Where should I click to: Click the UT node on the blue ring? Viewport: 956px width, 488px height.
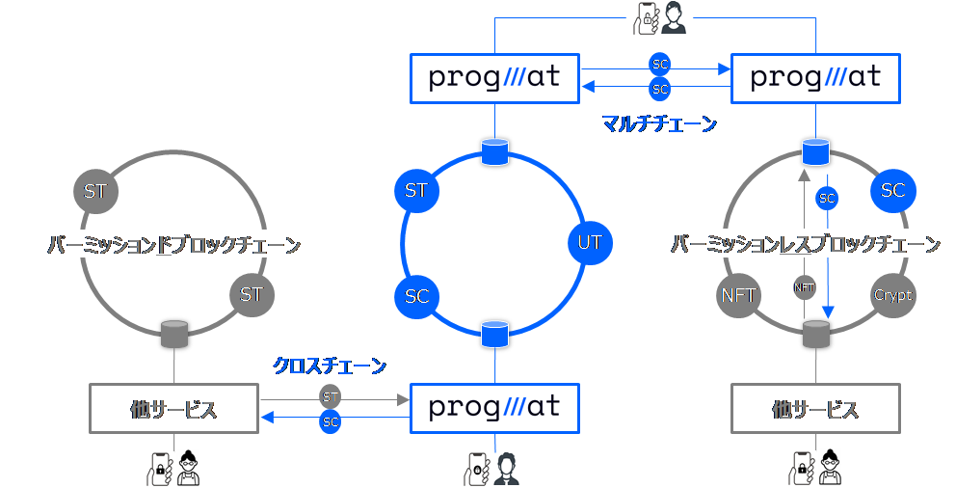point(591,242)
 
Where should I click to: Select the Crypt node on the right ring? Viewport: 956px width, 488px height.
point(892,295)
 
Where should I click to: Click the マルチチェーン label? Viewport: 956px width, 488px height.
point(659,124)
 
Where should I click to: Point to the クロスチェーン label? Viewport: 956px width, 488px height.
point(331,366)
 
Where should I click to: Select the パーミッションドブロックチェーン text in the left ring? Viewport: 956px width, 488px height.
point(173,245)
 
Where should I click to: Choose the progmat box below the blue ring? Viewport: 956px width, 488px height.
point(494,408)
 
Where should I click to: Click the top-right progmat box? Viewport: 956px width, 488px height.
point(815,78)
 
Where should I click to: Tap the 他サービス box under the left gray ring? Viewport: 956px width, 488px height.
point(174,409)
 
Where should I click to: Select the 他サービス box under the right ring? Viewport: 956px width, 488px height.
point(815,409)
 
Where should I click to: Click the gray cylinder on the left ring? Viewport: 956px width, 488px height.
point(174,334)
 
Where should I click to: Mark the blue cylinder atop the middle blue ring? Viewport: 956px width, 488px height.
point(494,152)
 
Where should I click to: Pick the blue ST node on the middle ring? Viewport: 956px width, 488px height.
point(416,191)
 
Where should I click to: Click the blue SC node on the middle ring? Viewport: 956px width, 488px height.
point(416,297)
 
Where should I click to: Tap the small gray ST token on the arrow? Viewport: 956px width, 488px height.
point(331,396)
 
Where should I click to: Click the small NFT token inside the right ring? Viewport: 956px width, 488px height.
point(805,287)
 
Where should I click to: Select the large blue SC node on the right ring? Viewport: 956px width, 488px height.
point(892,191)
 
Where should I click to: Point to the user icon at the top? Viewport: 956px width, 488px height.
point(661,19)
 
